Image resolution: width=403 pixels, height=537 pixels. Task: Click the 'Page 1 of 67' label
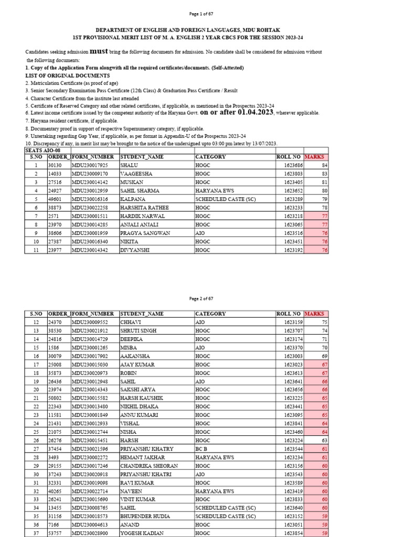[201, 13]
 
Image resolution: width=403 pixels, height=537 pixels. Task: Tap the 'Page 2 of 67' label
[201, 298]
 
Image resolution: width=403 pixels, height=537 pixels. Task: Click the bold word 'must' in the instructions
[99, 51]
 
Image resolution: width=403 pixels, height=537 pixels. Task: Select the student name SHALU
[129, 165]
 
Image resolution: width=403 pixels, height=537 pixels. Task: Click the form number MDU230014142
[89, 182]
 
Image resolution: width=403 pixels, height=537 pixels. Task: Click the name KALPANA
[132, 199]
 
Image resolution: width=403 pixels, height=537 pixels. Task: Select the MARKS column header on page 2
[314, 314]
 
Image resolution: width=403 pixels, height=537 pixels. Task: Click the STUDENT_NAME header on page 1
[142, 157]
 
